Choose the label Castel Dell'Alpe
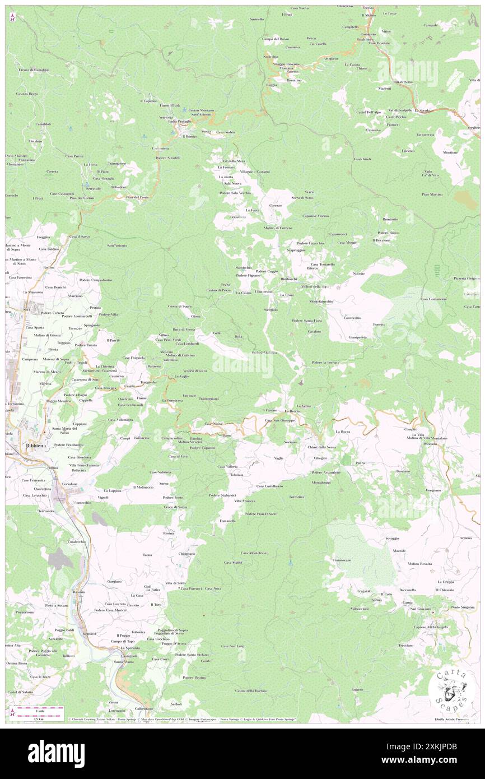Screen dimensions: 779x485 369,112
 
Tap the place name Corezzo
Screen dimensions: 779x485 275,206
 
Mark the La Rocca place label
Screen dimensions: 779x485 342,432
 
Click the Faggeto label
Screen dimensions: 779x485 357,689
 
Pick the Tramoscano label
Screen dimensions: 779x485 342,560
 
